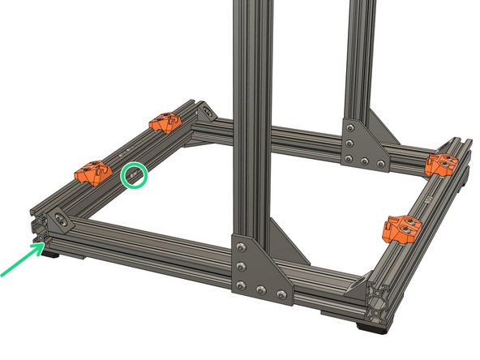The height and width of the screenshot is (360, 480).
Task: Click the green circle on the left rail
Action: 135,175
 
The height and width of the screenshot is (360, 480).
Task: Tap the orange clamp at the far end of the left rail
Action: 169,122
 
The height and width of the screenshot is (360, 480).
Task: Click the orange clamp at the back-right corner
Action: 443,163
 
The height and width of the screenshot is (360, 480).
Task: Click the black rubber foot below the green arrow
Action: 50,255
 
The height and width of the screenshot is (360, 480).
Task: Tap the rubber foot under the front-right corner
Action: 375,328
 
